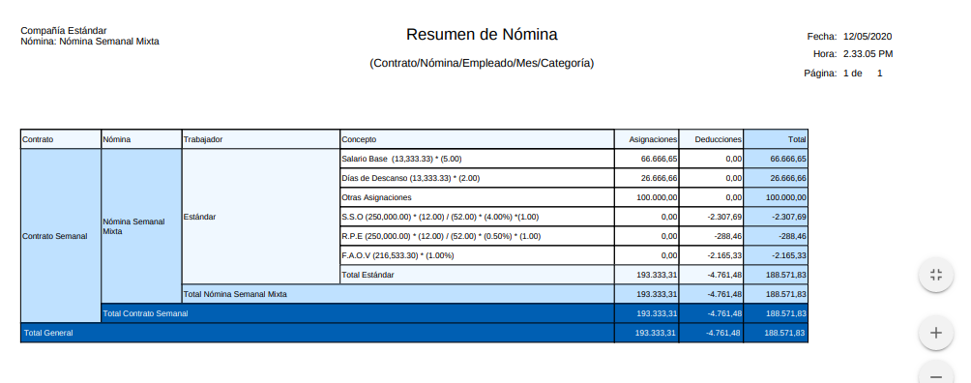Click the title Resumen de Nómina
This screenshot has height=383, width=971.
(482, 35)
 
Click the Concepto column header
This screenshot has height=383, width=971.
(359, 139)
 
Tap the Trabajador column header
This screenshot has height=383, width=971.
(203, 139)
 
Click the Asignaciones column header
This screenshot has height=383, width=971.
(646, 139)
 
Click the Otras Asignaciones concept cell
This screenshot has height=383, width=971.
(377, 197)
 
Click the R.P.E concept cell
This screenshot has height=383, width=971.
(441, 236)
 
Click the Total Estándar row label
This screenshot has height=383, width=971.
(368, 275)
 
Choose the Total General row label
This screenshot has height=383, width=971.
(48, 333)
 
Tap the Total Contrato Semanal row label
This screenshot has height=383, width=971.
(145, 313)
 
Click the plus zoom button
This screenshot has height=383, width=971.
(935, 333)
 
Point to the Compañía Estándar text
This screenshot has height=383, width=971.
(64, 31)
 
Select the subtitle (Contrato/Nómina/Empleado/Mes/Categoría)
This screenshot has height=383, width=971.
(482, 63)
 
